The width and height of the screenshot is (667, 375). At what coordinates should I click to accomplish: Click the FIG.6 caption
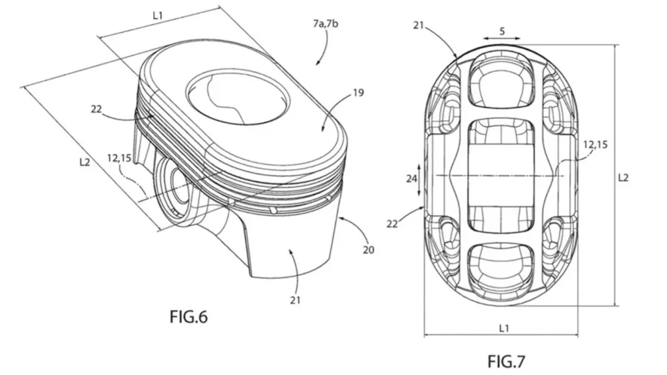188,317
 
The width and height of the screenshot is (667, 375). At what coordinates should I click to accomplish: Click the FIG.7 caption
506,361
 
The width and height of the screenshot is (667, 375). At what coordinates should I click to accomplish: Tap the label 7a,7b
326,24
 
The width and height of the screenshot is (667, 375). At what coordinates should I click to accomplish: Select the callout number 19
359,92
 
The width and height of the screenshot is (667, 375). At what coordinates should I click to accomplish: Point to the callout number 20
369,249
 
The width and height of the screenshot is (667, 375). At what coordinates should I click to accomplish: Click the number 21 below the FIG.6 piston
295,300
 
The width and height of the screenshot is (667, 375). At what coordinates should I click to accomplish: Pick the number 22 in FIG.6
96,109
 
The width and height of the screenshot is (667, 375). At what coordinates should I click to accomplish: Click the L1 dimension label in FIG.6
158,16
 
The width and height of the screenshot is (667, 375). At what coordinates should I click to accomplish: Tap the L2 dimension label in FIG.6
85,162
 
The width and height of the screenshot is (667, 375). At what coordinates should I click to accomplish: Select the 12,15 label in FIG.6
119,159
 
